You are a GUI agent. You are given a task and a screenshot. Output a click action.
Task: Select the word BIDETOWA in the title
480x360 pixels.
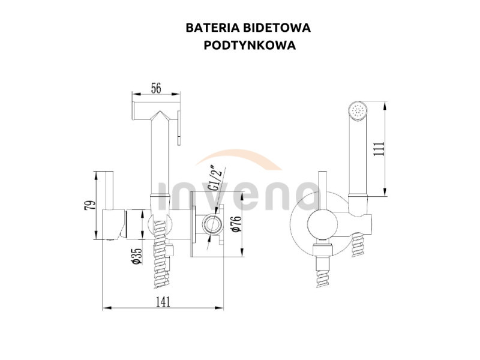click(x=277, y=28)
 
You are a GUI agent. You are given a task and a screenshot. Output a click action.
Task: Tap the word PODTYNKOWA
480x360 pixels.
click(x=250, y=46)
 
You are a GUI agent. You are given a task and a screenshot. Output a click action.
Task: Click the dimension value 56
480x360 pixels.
click(x=156, y=88)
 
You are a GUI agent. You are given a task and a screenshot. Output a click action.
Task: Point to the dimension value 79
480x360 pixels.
click(x=89, y=205)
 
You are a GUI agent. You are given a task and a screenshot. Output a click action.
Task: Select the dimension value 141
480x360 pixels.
click(x=163, y=302)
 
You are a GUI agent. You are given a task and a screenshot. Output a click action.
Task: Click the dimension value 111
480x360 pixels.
click(x=379, y=149)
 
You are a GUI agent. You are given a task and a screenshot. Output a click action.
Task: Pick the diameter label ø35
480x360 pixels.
click(x=136, y=256)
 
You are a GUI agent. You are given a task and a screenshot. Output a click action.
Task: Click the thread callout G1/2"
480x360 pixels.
click(x=214, y=178)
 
